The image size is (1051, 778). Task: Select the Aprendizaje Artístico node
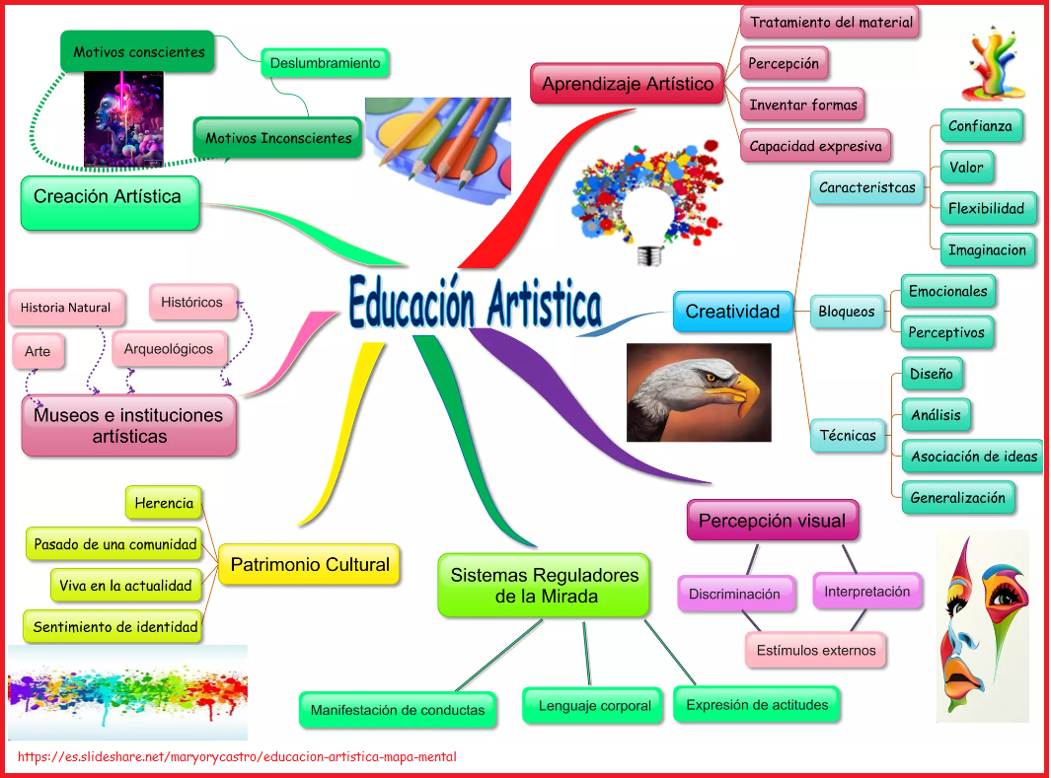(x=628, y=84)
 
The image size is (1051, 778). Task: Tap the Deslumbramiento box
(x=325, y=63)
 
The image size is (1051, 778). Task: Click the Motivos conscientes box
(x=139, y=51)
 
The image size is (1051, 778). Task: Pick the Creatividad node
(x=732, y=312)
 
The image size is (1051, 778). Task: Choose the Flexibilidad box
(x=987, y=208)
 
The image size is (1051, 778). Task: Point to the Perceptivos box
(x=946, y=332)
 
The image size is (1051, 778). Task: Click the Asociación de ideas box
(x=974, y=457)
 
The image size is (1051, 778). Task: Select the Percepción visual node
(x=772, y=521)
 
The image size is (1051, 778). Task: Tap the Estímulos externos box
(x=816, y=650)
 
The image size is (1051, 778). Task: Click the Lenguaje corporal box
(x=594, y=706)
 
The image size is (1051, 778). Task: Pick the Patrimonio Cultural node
(x=310, y=565)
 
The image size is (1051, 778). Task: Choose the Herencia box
(x=164, y=503)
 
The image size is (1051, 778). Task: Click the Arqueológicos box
(x=168, y=348)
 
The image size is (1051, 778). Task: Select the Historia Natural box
(x=65, y=308)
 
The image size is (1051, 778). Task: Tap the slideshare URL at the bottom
(x=237, y=757)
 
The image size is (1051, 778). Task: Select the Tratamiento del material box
(x=831, y=22)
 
